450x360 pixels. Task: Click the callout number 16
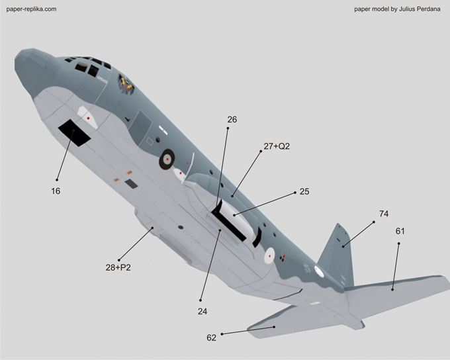tap(56, 191)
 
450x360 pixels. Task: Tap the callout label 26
tap(232, 119)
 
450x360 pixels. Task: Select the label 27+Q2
tap(277, 146)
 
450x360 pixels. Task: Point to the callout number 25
tap(304, 191)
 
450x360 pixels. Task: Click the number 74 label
tap(384, 214)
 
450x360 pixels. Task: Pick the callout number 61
tap(400, 231)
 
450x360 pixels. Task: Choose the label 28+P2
tap(118, 267)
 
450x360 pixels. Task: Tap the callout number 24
tap(202, 312)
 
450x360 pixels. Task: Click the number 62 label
tap(211, 338)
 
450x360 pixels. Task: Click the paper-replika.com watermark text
tap(31, 9)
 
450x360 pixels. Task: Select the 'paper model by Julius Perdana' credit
tap(397, 9)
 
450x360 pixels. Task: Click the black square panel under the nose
tap(74, 133)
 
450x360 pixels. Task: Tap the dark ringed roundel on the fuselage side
tap(167, 159)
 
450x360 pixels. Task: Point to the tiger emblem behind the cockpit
tap(126, 84)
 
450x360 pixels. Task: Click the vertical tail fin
tap(336, 255)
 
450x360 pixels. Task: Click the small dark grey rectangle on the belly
tap(131, 184)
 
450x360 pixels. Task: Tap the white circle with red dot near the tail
tap(269, 256)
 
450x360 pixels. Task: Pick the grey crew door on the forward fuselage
tap(140, 128)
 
